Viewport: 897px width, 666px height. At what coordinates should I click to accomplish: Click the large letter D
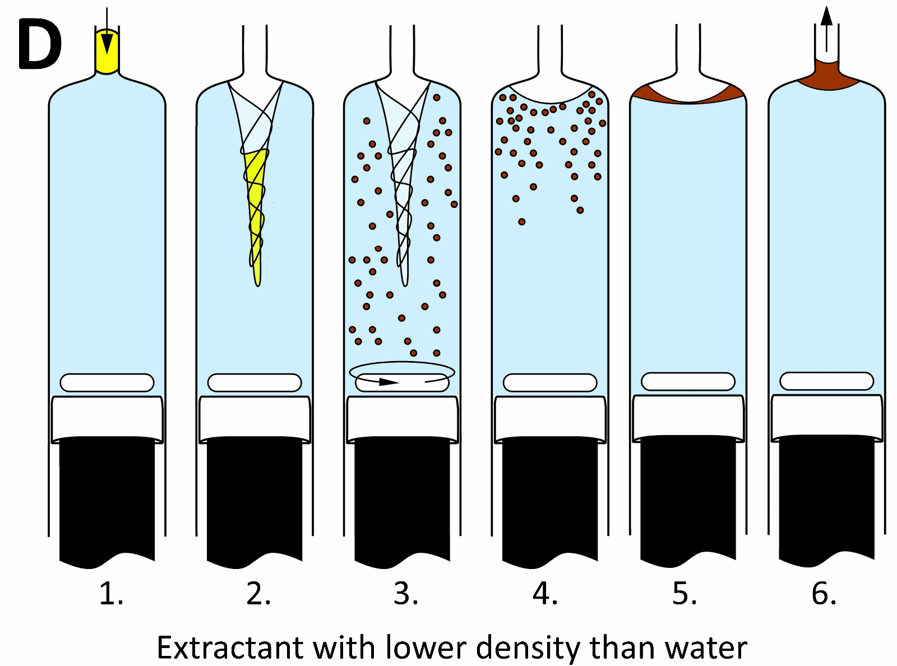click(x=39, y=45)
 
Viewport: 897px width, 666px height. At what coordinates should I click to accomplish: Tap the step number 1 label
click(x=110, y=593)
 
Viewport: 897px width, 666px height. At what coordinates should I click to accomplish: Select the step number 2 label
click(x=258, y=593)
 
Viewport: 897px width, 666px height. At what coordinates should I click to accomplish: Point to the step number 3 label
click(x=406, y=593)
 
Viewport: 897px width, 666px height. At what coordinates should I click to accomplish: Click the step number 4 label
click(x=545, y=593)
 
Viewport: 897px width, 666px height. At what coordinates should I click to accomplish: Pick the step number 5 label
click(x=685, y=593)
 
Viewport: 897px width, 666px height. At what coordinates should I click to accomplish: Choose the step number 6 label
click(x=824, y=593)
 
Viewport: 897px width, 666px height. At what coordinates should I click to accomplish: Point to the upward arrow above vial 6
click(x=826, y=28)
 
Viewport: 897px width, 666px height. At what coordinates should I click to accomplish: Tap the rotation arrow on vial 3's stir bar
click(x=387, y=382)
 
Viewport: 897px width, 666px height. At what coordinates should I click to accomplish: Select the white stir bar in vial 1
click(x=107, y=382)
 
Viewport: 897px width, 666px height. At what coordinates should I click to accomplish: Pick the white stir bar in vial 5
click(x=688, y=381)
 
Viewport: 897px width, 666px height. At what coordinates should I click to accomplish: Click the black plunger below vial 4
click(x=550, y=499)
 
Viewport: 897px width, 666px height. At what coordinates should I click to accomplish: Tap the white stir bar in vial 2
click(x=255, y=382)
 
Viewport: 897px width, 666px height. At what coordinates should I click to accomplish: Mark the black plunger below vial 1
click(x=107, y=499)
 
